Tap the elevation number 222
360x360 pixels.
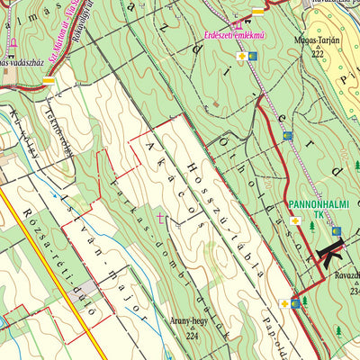(317, 54)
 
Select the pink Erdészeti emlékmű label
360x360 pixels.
(234, 35)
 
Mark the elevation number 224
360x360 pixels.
(191, 335)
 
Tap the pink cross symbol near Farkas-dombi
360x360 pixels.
(161, 217)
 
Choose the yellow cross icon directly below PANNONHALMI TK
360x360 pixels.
(295, 220)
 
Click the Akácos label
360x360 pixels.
(162, 175)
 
